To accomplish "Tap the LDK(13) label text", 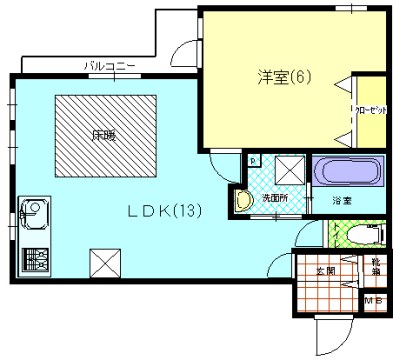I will pos(166,211).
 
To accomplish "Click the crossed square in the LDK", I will pos(105,264).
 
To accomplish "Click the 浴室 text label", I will pos(342,201).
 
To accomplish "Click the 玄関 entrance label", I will pos(325,270).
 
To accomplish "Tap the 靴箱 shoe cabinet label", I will pos(373,264).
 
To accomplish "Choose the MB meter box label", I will pos(372,301).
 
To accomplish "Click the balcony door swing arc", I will pos(184,54).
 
